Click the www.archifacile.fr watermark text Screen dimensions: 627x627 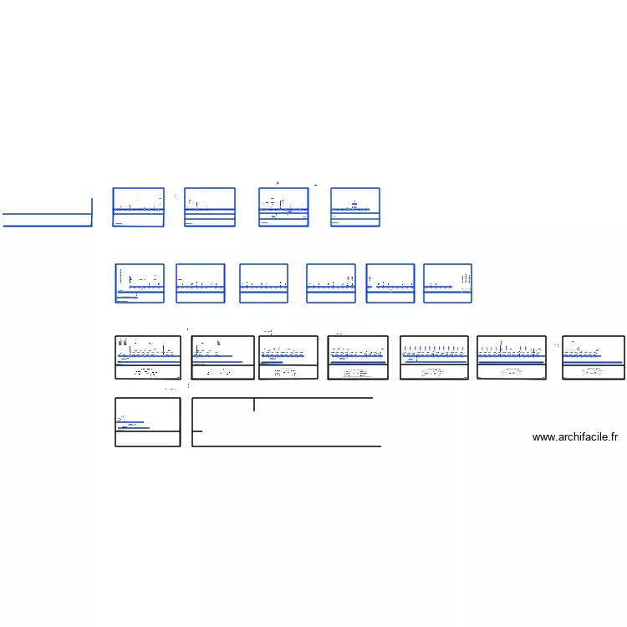(x=574, y=437)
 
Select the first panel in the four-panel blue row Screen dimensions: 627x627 (x=139, y=207)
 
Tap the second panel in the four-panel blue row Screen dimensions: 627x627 (x=210, y=207)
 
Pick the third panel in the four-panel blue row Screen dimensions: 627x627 (x=283, y=207)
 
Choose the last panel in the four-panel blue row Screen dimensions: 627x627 (x=355, y=207)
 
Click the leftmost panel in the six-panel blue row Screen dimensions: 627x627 (x=140, y=283)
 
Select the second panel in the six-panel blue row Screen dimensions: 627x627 (x=201, y=283)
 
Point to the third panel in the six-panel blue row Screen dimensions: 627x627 (x=264, y=283)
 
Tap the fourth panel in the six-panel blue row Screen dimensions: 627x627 (x=331, y=283)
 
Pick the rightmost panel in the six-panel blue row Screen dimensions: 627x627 (x=448, y=283)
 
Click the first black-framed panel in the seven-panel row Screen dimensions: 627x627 (x=148, y=358)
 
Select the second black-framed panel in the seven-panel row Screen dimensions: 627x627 (x=223, y=358)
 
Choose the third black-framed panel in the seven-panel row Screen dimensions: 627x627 (x=288, y=358)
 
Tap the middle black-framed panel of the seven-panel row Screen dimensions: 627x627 (x=358, y=358)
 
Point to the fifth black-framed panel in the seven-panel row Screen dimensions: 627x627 (x=434, y=358)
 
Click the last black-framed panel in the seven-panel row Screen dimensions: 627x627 (x=594, y=358)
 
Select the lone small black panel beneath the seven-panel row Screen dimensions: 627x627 (x=148, y=422)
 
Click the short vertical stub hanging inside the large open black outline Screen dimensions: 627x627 (x=254, y=405)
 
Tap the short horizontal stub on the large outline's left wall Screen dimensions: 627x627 (x=197, y=431)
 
